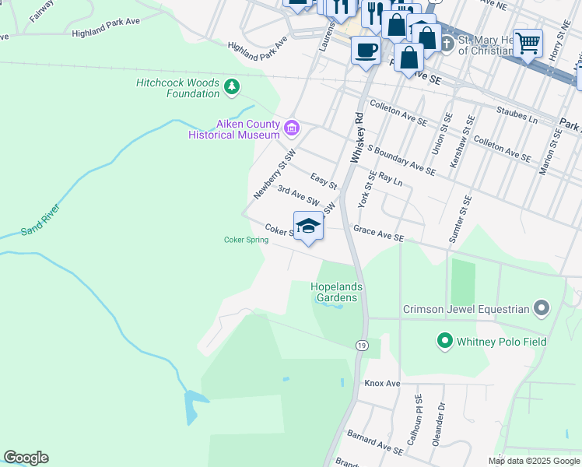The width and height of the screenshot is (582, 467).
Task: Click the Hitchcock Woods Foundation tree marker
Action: coord(231,86)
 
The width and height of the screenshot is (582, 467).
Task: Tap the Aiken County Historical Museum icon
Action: coord(292,128)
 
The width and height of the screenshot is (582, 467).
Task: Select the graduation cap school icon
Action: coord(309,226)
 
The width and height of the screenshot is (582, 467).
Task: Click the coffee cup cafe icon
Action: coord(365,51)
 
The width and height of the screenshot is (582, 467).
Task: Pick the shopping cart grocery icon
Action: coord(528,42)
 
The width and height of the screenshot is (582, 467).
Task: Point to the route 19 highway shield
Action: coord(361,345)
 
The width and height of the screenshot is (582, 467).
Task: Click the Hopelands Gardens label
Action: coord(338,292)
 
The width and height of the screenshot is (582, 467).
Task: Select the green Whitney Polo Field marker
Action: coord(444,341)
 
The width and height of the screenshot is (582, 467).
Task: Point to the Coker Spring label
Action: coord(246,240)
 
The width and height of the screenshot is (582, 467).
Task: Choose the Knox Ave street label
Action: coord(382,384)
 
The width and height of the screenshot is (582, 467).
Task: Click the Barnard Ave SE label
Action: coord(376,443)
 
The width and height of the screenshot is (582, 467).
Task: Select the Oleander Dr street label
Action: coord(441,417)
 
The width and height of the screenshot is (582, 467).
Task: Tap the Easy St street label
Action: coord(323,181)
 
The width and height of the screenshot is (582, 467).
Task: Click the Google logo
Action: coord(26,458)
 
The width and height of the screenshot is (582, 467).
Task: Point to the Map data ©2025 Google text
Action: coord(533,460)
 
